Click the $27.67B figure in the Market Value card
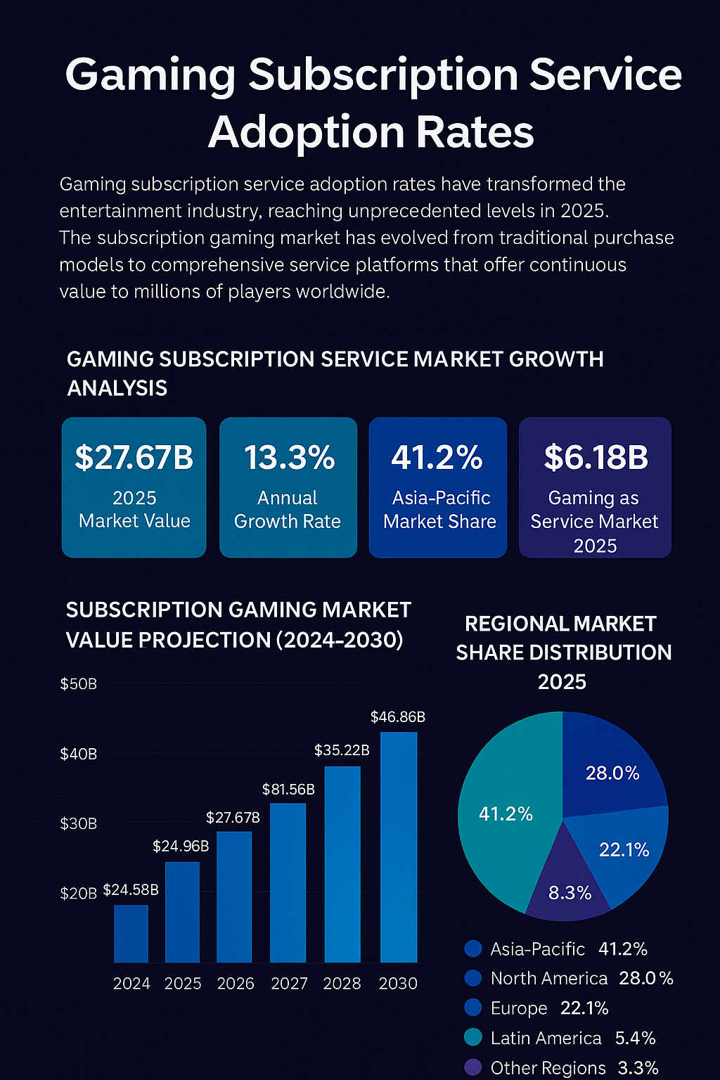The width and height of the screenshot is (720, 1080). pos(134,457)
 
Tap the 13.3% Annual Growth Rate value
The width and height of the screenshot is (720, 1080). pos(289,457)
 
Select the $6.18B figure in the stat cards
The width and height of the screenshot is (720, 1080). pos(596,457)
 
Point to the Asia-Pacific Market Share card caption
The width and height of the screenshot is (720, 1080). pos(439,510)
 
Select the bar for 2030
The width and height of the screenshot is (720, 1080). pos(399,847)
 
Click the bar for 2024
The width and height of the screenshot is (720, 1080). pos(131,933)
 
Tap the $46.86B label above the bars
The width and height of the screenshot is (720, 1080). pos(398,717)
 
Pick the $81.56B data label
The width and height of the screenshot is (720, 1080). pos(288,790)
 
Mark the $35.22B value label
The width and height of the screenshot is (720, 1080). pos(342,750)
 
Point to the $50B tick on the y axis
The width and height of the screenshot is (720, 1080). pos(78,684)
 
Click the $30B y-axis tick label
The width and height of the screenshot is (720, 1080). pos(78,823)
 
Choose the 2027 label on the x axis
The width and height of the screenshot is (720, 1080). pos(289,984)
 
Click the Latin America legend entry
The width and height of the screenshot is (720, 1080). pos(560,1038)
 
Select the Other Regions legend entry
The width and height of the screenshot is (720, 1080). pos(561,1068)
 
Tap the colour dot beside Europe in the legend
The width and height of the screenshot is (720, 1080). pos(473,1008)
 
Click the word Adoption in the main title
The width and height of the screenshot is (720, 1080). pos(305,132)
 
